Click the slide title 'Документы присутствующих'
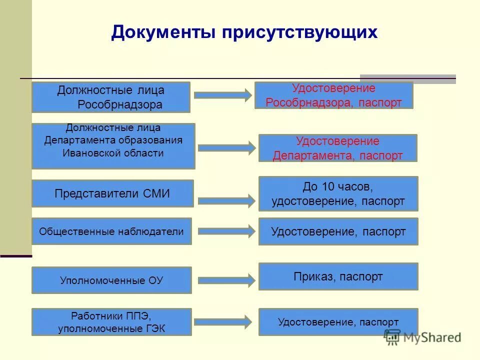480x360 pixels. pos(244,32)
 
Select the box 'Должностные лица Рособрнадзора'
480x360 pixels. pos(111,97)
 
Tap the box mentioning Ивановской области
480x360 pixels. pos(113,146)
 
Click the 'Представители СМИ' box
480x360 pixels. pos(112,193)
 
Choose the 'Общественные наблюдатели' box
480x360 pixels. pos(111,231)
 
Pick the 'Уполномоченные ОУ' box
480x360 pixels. pos(111,280)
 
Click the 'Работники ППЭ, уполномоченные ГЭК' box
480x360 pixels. pos(111,322)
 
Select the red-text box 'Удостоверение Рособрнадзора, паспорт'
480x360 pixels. pos(333,95)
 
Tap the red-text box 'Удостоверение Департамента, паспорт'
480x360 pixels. pos(337,148)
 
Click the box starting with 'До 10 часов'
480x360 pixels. pos(338,194)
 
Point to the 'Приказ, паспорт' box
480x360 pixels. pos(338,276)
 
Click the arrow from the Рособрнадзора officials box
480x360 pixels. pos(222,95)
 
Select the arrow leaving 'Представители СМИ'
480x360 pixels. pos(226,201)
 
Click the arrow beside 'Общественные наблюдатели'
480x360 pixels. pos(226,231)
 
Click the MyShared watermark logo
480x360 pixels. pos(422,337)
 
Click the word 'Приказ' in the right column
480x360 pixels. pos(313,276)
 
